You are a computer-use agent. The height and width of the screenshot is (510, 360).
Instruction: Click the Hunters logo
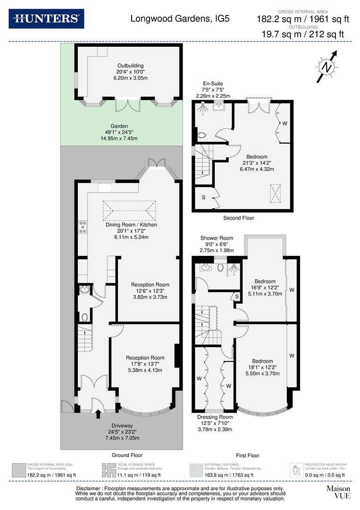coord(46,19)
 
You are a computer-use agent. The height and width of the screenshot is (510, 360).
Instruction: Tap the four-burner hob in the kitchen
coord(84,227)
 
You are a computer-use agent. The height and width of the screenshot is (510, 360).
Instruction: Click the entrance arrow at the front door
coord(98,414)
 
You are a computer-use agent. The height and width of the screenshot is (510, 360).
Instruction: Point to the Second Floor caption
coord(239,218)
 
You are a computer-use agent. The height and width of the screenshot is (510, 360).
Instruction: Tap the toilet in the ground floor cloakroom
coord(84,316)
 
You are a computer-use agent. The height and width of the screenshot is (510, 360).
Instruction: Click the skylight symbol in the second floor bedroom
coord(275,193)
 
